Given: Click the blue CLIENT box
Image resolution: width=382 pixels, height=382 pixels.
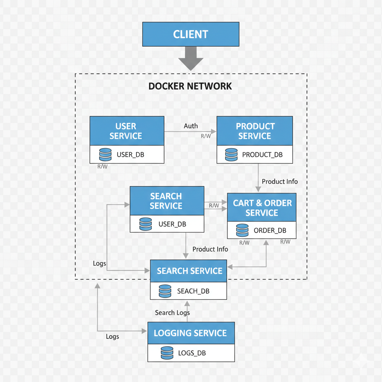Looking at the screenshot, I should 191,34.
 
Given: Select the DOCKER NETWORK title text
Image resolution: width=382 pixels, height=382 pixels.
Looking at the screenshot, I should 190,86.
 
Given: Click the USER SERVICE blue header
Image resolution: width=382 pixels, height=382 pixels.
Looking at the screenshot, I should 127,131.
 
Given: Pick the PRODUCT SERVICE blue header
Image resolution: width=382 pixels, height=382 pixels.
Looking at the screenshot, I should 255,131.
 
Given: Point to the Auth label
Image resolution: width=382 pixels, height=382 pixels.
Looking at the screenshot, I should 191,126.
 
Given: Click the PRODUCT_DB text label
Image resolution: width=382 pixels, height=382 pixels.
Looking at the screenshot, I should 262,154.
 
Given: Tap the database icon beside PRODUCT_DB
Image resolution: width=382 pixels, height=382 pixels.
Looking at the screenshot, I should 231,154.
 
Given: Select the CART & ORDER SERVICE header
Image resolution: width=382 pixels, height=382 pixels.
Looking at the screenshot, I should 262,207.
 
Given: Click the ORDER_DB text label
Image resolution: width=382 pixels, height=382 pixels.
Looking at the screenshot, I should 270,230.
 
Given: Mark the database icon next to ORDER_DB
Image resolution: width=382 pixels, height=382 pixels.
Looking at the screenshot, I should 242,230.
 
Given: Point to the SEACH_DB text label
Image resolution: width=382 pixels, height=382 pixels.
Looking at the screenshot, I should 193,291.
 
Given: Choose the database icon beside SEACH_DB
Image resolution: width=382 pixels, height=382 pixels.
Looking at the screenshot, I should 165,291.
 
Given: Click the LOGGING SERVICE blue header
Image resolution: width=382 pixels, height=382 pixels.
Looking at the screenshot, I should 191,333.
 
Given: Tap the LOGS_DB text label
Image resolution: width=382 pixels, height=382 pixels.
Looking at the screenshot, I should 192,353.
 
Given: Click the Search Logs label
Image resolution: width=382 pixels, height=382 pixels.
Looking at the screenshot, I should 172,313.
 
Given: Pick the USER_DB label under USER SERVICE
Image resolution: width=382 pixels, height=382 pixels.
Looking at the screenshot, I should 130,154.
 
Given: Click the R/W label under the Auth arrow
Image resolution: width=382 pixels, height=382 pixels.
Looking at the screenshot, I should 206,136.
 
